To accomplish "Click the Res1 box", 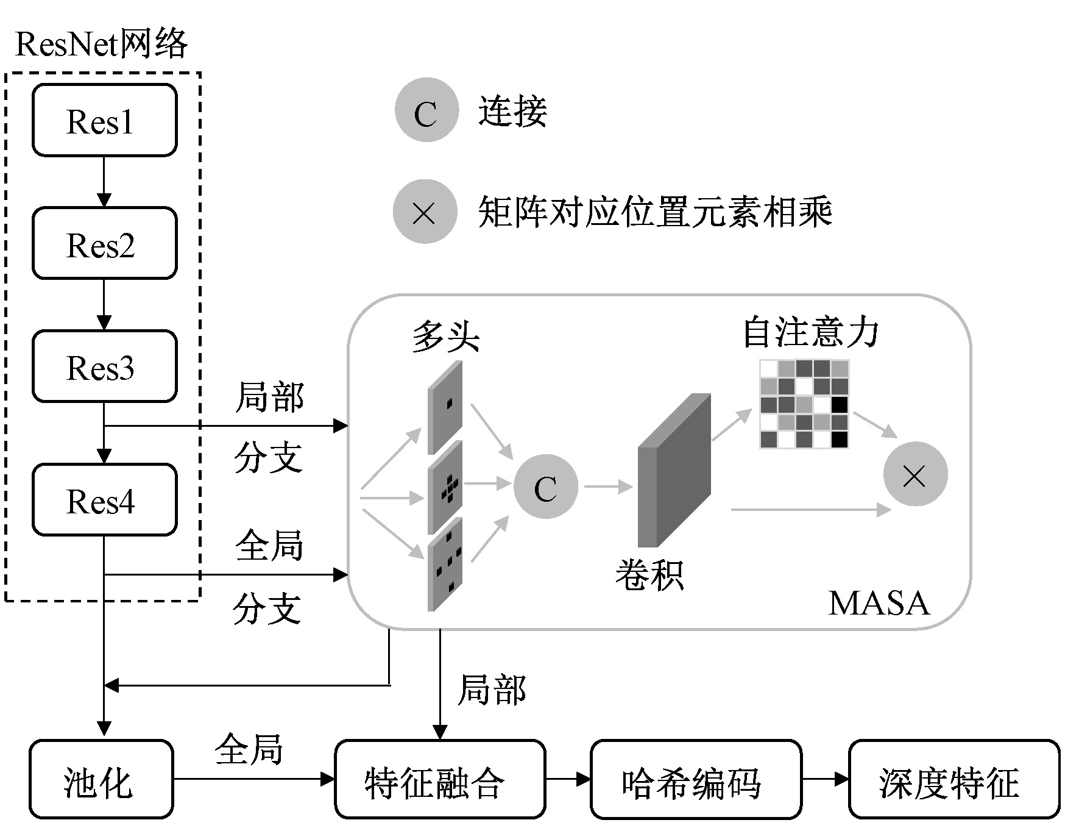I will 104,121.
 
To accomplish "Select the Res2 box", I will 104,243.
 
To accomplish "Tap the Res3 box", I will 104,366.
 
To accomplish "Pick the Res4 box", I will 104,500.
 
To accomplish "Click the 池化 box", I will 101,779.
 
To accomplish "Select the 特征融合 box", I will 439,779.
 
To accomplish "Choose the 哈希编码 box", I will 695,779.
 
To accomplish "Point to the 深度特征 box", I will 953,779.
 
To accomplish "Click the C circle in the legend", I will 426,110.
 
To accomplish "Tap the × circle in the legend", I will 425,212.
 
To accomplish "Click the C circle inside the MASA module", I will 545,487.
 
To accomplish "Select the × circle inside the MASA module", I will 915,474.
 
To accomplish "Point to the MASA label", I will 879,604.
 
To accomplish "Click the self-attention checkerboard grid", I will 804,404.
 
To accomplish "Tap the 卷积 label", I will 649,574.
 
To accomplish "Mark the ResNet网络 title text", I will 101,44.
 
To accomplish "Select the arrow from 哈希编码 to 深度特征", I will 825,779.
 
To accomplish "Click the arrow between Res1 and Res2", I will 104,182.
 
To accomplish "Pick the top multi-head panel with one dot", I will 445,407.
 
